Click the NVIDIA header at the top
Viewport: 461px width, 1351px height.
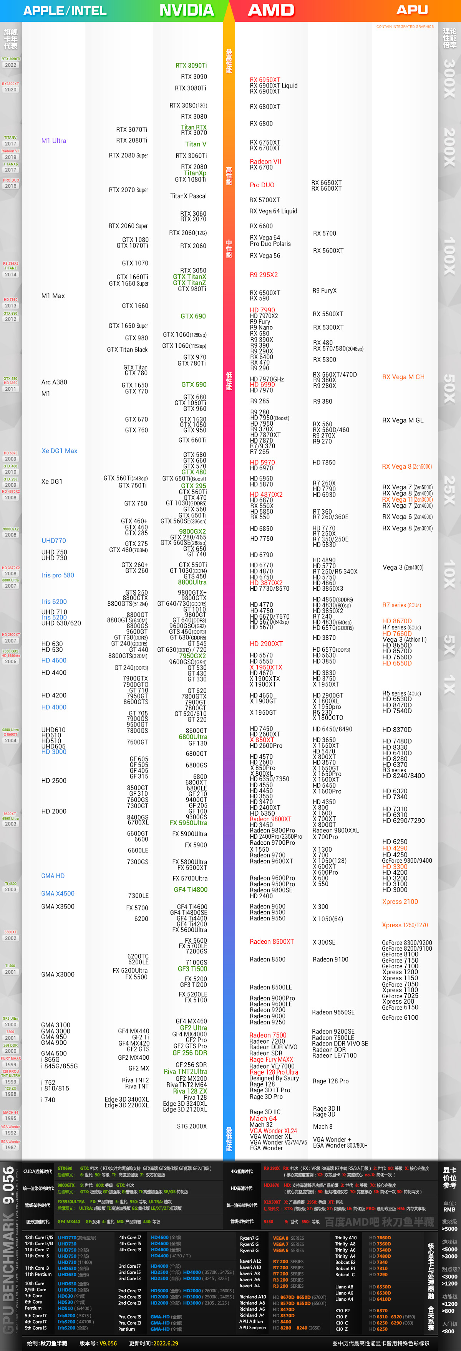pyautogui.click(x=186, y=10)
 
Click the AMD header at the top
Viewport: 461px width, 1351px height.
pyautogui.click(x=271, y=10)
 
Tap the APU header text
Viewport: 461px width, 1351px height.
pyautogui.click(x=412, y=10)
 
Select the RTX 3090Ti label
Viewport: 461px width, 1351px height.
pyautogui.click(x=191, y=66)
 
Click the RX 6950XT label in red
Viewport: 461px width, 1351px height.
pyautogui.click(x=265, y=80)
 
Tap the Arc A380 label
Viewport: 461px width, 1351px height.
pyautogui.click(x=54, y=382)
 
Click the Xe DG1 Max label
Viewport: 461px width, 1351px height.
pyautogui.click(x=59, y=451)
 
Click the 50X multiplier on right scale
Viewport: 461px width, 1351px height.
pyautogui.click(x=449, y=388)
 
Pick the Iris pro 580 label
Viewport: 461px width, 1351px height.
pyautogui.click(x=57, y=575)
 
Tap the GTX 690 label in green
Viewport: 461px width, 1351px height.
pyautogui.click(x=193, y=316)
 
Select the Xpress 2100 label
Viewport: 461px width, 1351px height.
pyautogui.click(x=400, y=902)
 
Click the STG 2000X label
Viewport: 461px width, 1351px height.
pyautogui.click(x=192, y=1126)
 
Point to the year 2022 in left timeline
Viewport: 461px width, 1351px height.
pyautogui.click(x=10, y=65)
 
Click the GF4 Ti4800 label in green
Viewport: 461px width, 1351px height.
pyautogui.click(x=191, y=890)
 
